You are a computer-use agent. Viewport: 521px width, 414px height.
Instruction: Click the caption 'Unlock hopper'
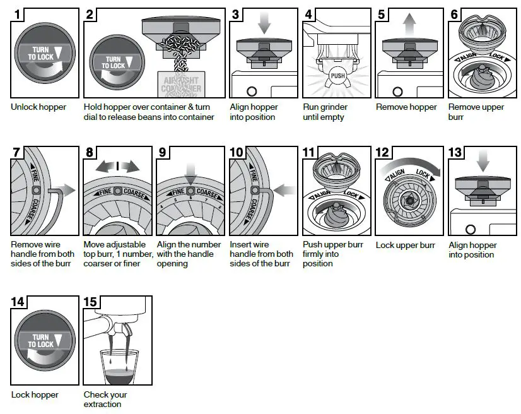[38, 107]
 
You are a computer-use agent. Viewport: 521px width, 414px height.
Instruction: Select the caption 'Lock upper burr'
[405, 245]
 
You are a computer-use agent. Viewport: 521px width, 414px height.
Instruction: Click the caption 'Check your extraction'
[105, 399]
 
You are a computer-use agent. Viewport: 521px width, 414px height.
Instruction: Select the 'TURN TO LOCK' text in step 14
[42, 341]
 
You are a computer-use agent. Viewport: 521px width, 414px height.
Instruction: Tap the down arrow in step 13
[483, 163]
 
